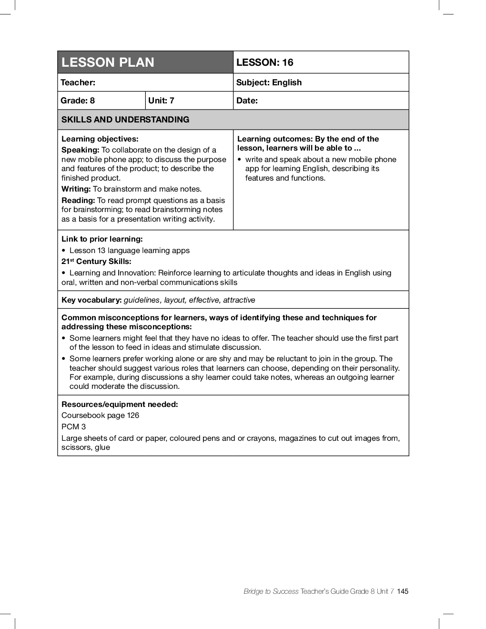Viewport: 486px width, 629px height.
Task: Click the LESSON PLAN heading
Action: [x=108, y=62]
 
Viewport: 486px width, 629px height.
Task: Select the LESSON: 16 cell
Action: [x=265, y=62]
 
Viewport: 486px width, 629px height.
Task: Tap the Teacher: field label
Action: [x=78, y=82]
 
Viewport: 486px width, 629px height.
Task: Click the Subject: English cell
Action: [x=269, y=82]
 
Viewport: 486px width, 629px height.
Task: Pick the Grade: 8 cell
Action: [x=78, y=101]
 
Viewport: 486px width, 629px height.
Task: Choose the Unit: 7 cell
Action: [x=161, y=101]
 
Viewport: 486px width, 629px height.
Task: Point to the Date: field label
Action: [x=247, y=101]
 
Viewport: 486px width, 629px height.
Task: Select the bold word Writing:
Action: [x=76, y=189]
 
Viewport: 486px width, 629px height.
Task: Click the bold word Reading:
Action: [x=78, y=201]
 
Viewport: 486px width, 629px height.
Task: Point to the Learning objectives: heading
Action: [x=100, y=139]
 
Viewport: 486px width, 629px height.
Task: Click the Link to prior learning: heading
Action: [x=102, y=239]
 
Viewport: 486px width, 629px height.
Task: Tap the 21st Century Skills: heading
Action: [x=96, y=262]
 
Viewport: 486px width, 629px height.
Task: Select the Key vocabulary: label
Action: [x=91, y=300]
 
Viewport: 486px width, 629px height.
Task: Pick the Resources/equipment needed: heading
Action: [x=120, y=405]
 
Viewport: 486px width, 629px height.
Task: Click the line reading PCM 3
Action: [x=73, y=427]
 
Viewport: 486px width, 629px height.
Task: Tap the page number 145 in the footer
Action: [x=403, y=591]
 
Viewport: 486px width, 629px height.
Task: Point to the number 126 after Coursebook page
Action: [x=133, y=416]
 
